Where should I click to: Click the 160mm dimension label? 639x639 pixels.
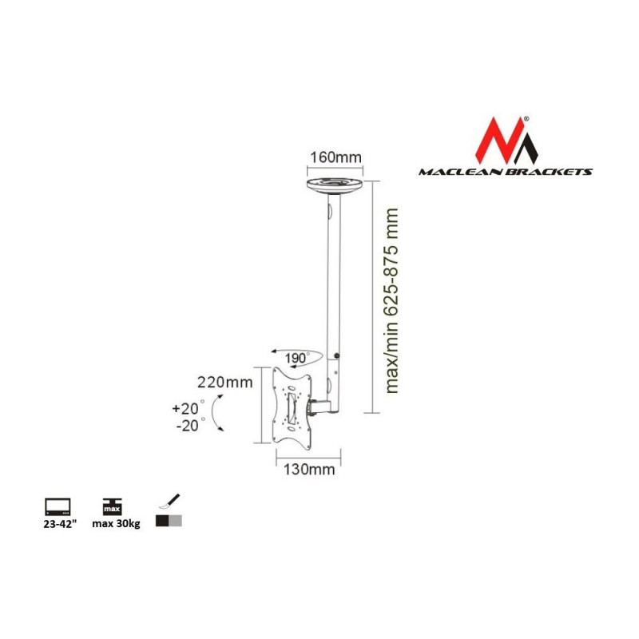(335, 157)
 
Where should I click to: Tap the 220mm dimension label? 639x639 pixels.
(225, 383)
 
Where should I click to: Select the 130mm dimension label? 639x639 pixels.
(309, 470)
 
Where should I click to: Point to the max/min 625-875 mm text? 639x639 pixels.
(391, 301)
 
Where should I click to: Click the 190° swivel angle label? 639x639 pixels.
(297, 358)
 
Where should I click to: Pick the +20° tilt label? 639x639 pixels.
(189, 408)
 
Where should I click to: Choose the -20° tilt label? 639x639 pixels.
(190, 426)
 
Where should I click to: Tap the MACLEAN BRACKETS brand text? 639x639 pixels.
(506, 172)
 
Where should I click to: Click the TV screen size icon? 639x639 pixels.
(58, 506)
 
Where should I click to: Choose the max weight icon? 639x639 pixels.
(112, 506)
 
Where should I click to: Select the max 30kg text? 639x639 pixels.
(116, 524)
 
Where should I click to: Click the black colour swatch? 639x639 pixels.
(162, 521)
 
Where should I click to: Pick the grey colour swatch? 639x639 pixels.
(175, 521)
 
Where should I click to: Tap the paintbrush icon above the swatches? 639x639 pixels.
(169, 502)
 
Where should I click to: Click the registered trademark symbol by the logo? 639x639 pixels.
(526, 119)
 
